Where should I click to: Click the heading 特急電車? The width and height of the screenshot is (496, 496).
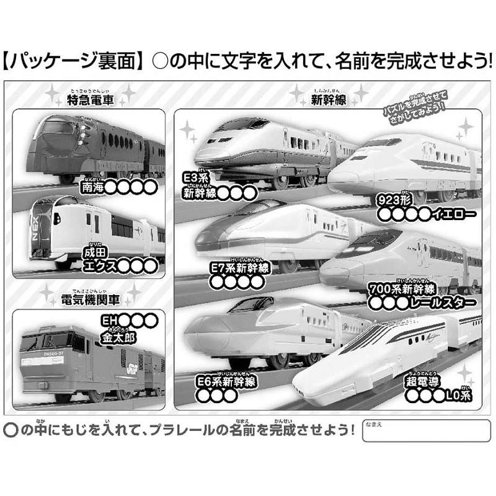tap(91, 100)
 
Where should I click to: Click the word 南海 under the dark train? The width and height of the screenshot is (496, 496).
tap(92, 185)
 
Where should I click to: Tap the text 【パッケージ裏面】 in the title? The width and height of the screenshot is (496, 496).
tap(73, 62)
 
